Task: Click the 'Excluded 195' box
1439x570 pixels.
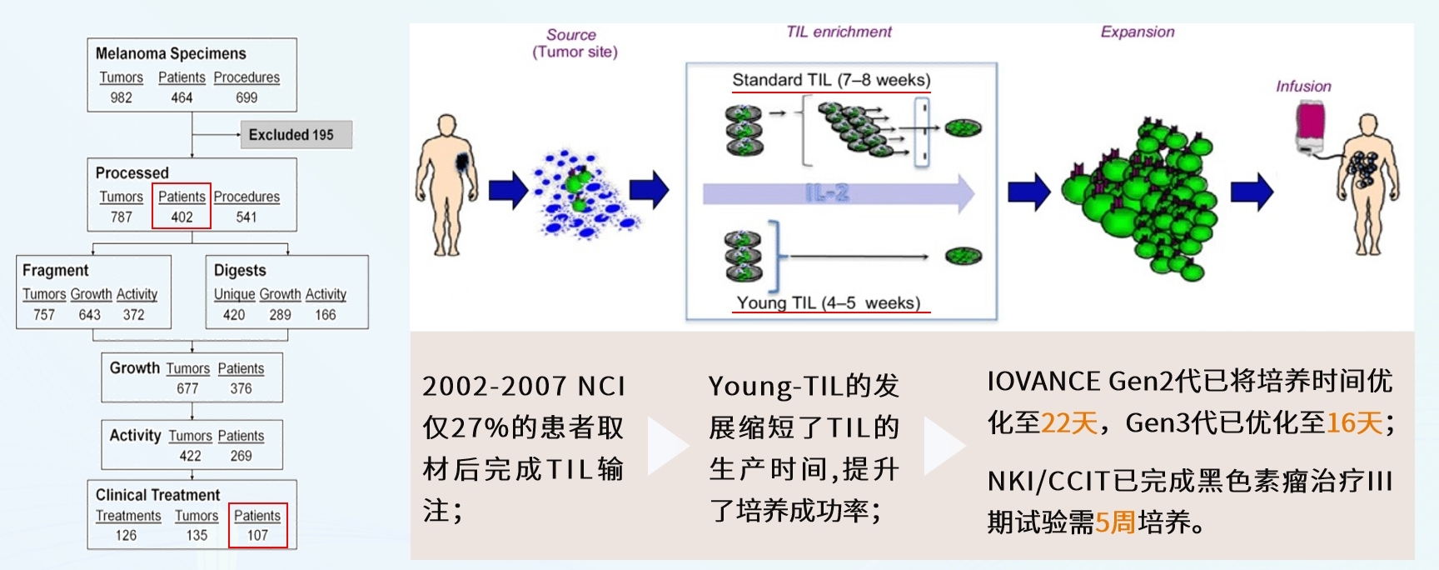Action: click(296, 135)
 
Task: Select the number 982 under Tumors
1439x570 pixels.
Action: click(121, 97)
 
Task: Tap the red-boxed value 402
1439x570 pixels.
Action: click(182, 217)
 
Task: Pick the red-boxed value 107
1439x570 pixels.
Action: click(257, 535)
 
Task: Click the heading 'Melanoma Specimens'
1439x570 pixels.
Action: click(171, 53)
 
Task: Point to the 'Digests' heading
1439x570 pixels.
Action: click(240, 271)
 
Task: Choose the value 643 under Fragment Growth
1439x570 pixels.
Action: click(89, 315)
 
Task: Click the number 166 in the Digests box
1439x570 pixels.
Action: click(325, 315)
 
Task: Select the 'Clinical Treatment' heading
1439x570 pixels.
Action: click(157, 495)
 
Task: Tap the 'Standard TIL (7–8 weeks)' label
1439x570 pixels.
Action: click(831, 80)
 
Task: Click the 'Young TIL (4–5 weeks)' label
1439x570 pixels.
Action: click(829, 303)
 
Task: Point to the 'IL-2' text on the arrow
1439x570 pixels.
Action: click(827, 193)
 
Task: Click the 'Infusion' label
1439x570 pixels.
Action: click(1303, 86)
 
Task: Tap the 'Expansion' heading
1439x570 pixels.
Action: click(1137, 32)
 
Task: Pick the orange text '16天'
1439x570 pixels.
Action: click(1354, 423)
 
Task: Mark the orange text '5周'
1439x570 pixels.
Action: click(1116, 522)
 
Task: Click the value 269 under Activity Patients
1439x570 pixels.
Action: click(241, 456)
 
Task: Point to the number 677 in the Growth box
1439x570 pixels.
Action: click(187, 388)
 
